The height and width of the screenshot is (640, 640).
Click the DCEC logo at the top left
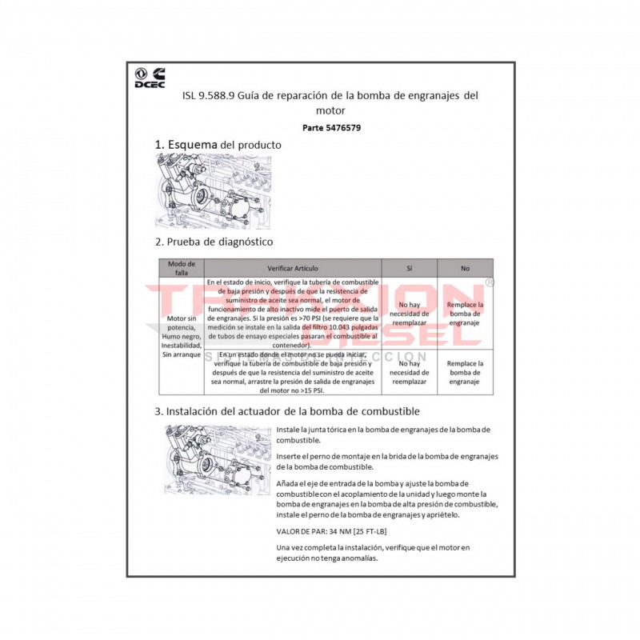(x=150, y=78)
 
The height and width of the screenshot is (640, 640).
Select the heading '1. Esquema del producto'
(x=218, y=145)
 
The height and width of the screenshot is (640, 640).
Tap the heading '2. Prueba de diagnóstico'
(x=214, y=241)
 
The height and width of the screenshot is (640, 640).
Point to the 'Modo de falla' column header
(x=181, y=268)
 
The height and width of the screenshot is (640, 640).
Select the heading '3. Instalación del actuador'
(x=286, y=411)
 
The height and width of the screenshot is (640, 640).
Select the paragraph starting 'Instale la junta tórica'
(x=383, y=434)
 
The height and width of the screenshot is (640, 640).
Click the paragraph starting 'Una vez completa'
(x=373, y=552)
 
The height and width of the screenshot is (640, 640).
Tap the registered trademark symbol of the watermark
(x=490, y=282)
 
